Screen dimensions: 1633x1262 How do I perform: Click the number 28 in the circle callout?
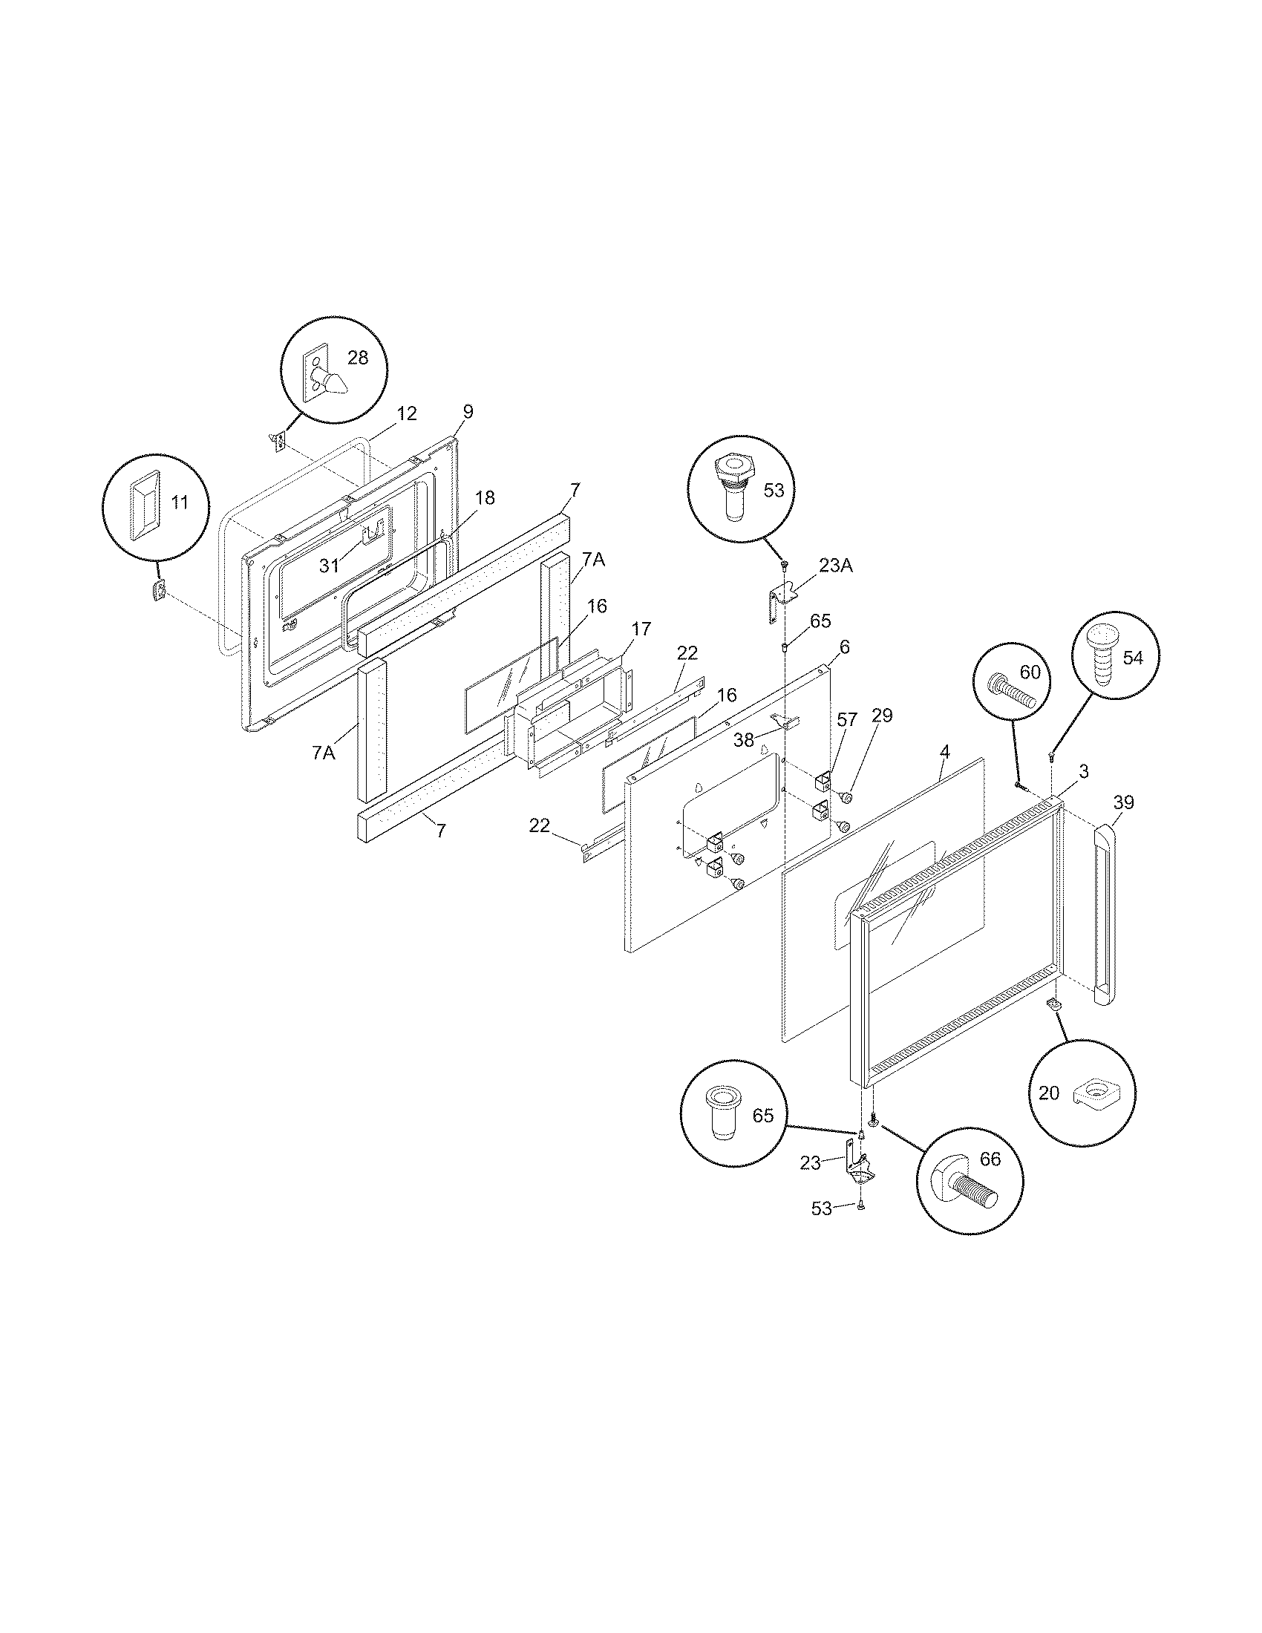pyautogui.click(x=358, y=358)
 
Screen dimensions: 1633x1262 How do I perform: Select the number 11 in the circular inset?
pyautogui.click(x=180, y=503)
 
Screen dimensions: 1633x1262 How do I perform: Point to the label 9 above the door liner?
pyautogui.click(x=468, y=411)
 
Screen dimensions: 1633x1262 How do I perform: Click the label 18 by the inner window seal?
pyautogui.click(x=485, y=498)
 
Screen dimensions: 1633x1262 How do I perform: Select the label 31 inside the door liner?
pyautogui.click(x=330, y=566)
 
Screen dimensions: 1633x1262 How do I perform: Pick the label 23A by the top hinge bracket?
pyautogui.click(x=835, y=566)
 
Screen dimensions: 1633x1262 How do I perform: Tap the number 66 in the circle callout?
pyautogui.click(x=989, y=1159)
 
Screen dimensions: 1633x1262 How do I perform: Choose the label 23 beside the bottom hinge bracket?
pyautogui.click(x=810, y=1163)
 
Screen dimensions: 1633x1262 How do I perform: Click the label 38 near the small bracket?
pyautogui.click(x=744, y=740)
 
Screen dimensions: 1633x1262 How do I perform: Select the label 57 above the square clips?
pyautogui.click(x=847, y=720)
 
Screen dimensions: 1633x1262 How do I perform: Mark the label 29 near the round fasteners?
pyautogui.click(x=882, y=716)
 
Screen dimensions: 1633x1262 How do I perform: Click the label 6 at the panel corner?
pyautogui.click(x=844, y=647)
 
